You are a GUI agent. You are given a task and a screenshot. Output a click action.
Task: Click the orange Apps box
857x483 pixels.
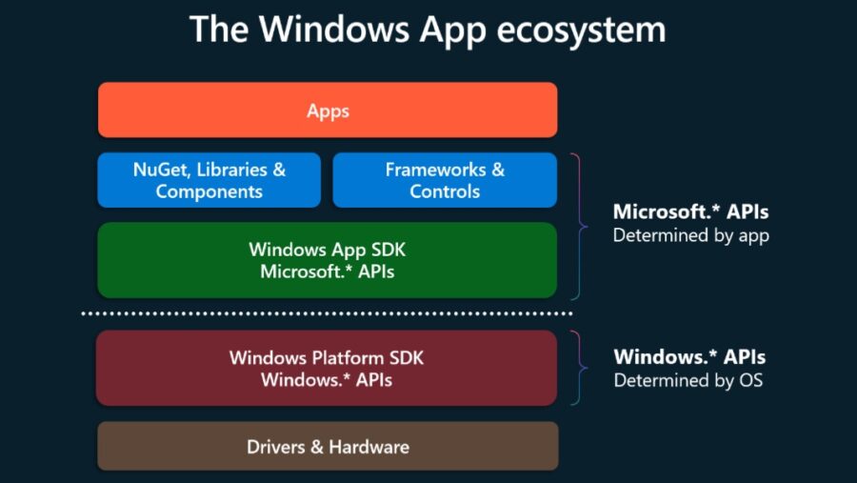click(x=328, y=111)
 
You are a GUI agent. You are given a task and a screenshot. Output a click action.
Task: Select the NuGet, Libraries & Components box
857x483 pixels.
click(x=209, y=180)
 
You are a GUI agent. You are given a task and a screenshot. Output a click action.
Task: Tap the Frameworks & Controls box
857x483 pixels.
click(x=445, y=180)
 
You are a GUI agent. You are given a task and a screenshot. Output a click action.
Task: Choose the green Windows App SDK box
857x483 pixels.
click(x=328, y=260)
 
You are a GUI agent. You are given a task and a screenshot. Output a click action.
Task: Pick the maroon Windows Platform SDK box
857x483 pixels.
click(x=327, y=369)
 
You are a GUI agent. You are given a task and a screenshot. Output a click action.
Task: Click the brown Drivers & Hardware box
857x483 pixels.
click(x=328, y=446)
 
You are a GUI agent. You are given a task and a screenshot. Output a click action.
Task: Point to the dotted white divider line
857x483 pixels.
click(x=327, y=312)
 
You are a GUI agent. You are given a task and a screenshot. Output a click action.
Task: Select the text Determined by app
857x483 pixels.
click(x=690, y=234)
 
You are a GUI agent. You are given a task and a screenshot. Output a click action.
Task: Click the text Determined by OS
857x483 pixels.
click(x=688, y=380)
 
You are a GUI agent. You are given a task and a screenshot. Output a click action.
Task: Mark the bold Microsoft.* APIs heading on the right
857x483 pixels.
click(x=690, y=211)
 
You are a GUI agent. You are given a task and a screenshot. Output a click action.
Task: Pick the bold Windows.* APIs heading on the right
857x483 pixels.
click(x=689, y=357)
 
